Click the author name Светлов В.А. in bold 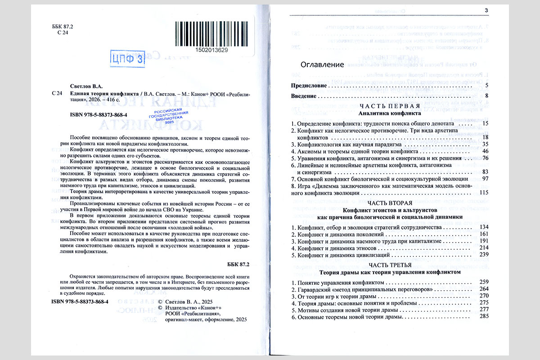tap(87, 86)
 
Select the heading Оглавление tap(322, 64)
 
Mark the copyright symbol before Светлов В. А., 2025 tap(161, 301)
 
